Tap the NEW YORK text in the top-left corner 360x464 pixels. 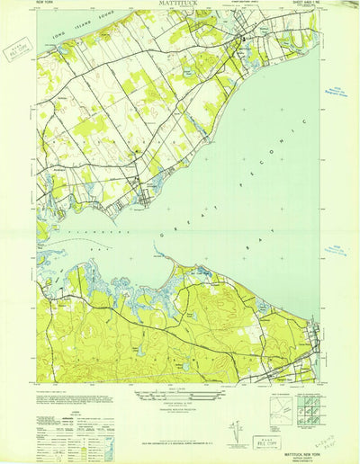coord(46,5)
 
